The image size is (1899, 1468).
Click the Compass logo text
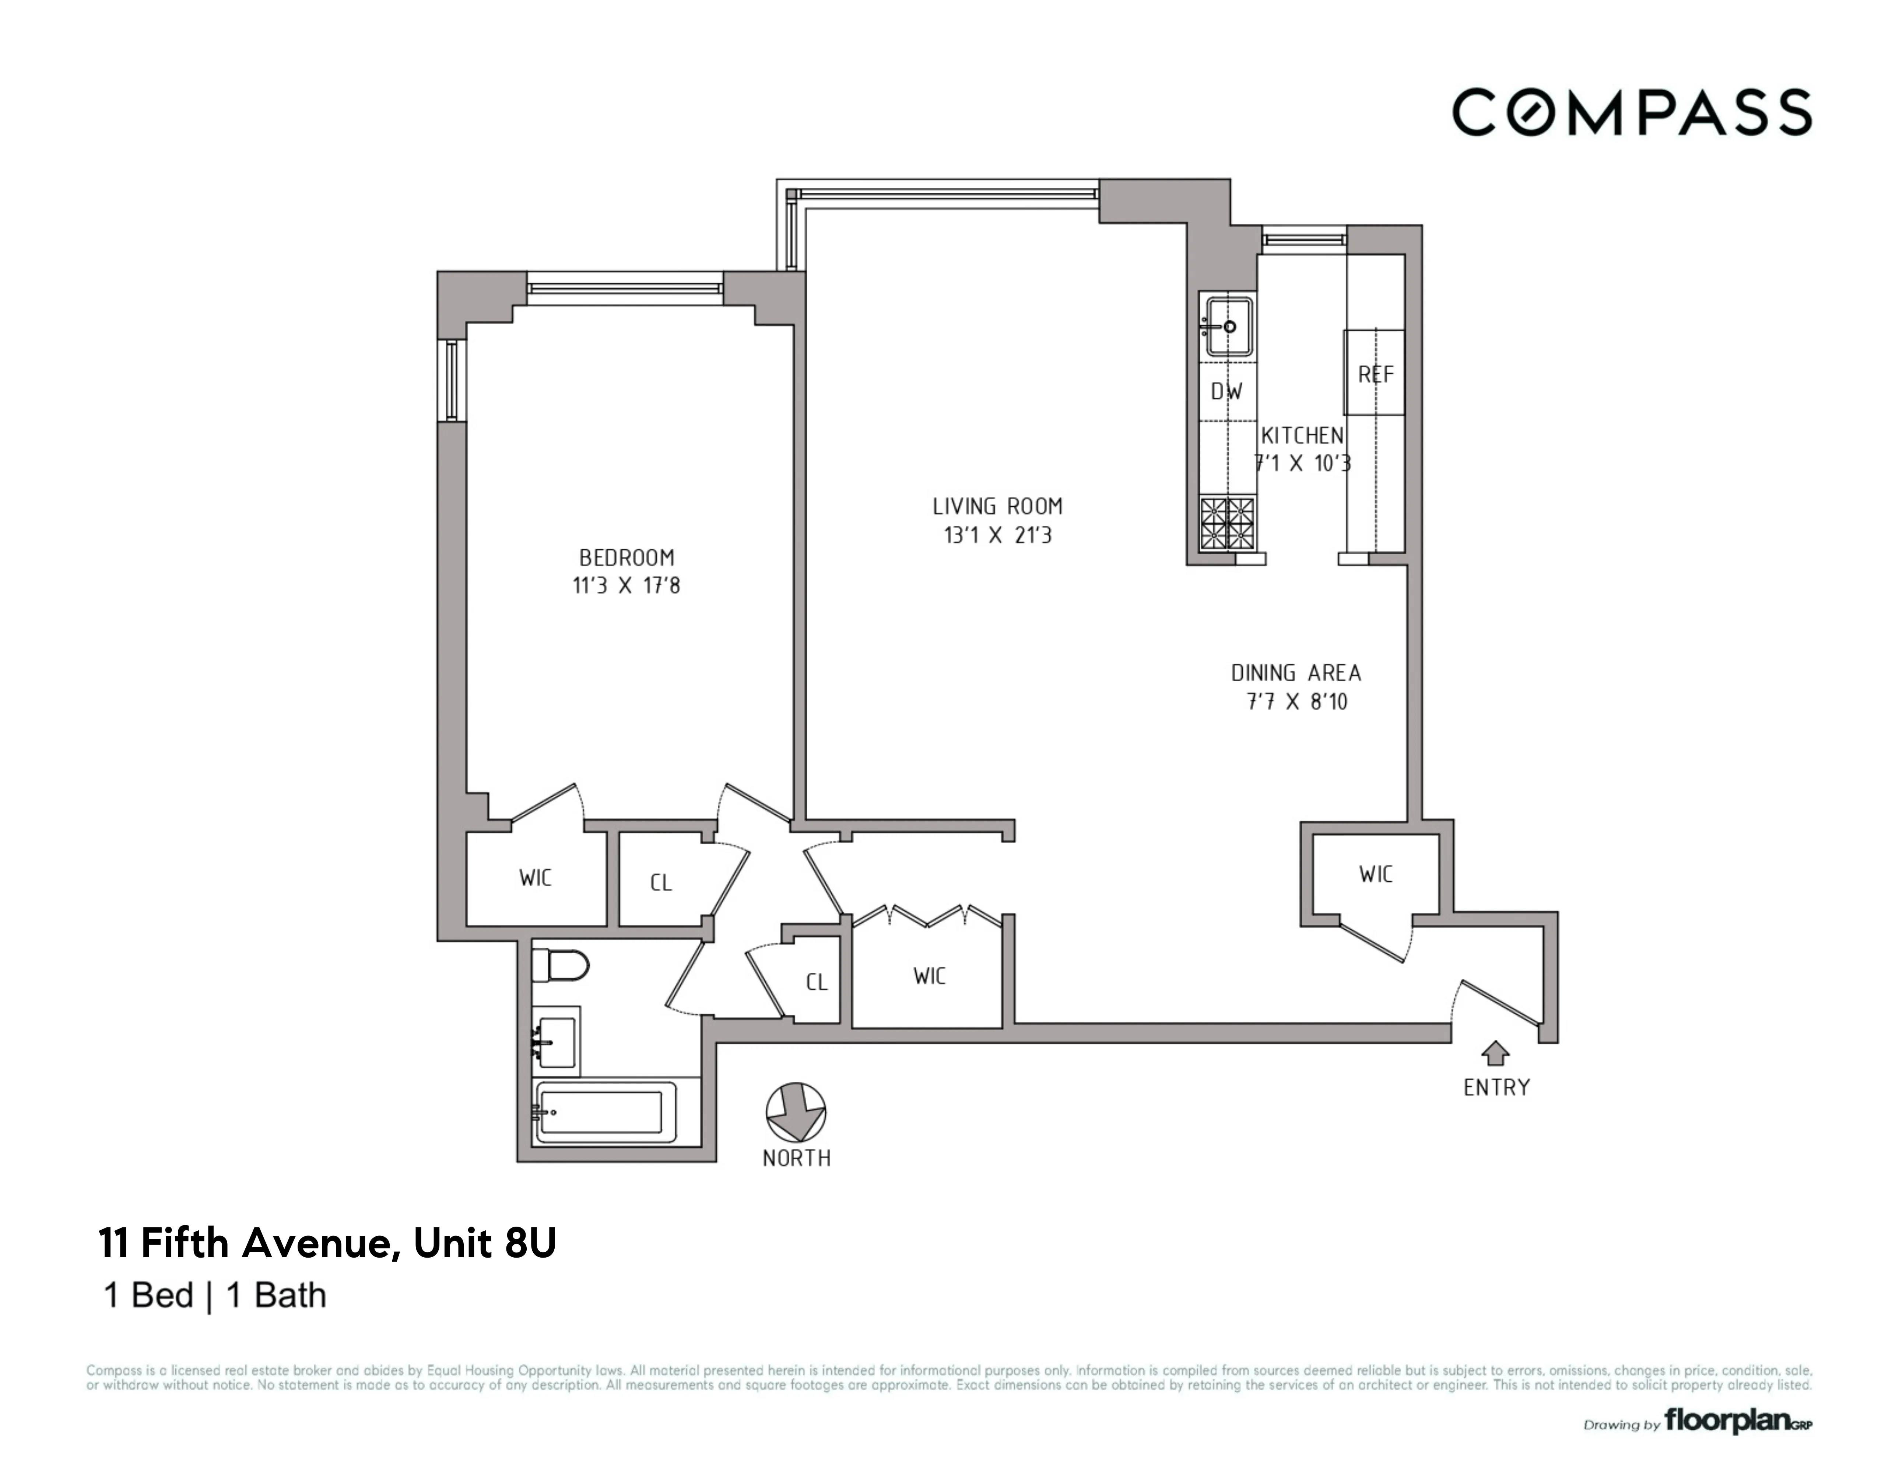coord(1631,112)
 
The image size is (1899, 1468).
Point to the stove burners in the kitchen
coord(1227,522)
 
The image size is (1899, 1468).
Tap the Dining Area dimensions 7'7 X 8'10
coord(1296,701)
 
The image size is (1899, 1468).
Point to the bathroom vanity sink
coord(555,1036)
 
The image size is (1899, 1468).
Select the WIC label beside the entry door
coord(1376,874)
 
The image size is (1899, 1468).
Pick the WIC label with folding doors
coord(929,976)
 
